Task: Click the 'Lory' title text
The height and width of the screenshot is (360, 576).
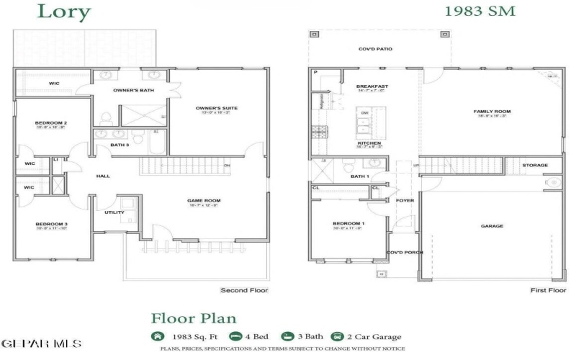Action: (64, 12)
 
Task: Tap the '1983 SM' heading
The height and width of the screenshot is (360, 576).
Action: (480, 12)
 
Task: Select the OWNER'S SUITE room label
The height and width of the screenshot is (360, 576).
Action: (216, 109)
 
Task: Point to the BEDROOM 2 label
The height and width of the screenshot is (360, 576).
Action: (51, 123)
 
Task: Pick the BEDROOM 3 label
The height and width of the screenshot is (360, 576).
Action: (51, 224)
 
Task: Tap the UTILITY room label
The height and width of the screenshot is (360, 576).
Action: (114, 212)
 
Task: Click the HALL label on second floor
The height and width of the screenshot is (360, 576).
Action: (103, 176)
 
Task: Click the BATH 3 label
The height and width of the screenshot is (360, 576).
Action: (120, 145)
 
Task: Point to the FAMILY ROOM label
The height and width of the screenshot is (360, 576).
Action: (492, 112)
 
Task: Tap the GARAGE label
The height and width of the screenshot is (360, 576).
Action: (492, 226)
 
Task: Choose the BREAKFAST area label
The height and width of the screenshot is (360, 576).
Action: (372, 86)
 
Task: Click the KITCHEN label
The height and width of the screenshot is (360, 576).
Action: (369, 143)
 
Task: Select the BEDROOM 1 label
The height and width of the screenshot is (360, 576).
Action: (348, 224)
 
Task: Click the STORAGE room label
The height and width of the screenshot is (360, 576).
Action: (535, 166)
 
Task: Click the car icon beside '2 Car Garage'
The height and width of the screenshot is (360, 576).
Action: (336, 336)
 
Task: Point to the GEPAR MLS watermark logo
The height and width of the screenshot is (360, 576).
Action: (42, 344)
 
